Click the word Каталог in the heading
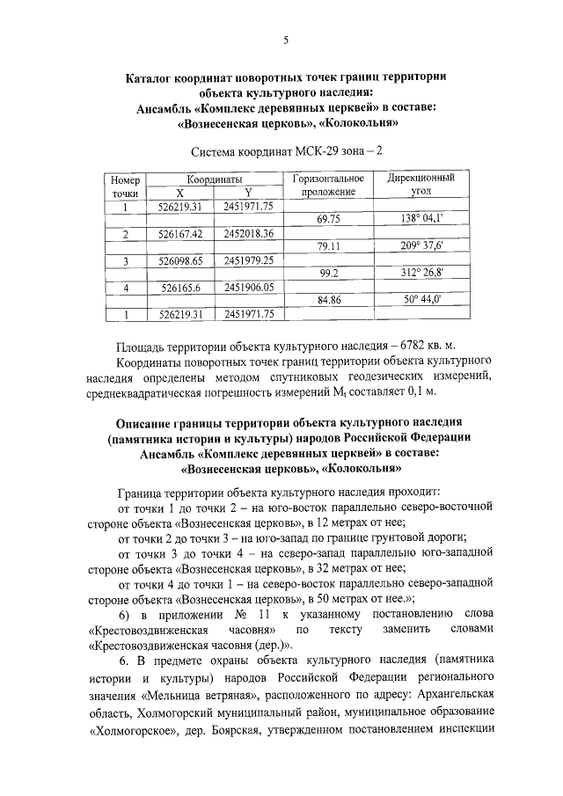click(151, 77)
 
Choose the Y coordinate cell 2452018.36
click(249, 234)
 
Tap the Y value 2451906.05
click(249, 287)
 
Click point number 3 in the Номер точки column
click(126, 261)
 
